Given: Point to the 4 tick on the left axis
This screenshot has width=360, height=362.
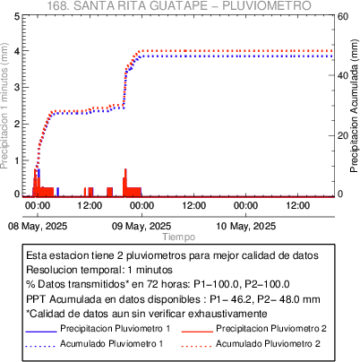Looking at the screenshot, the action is click(17, 51).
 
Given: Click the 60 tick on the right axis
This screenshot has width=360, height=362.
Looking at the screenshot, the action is click(343, 16).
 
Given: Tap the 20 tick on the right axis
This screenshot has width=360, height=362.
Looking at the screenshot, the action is click(343, 135).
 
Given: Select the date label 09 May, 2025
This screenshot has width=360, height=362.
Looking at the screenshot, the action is click(141, 226).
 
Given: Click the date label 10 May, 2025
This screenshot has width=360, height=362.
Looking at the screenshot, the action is click(245, 226).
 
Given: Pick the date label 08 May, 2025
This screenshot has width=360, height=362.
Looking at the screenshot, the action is click(38, 226).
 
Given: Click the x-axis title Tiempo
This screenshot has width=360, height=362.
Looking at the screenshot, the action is click(179, 237).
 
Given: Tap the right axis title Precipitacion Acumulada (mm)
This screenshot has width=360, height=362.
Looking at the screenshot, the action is click(354, 106).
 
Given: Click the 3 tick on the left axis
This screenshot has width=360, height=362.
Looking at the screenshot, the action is click(17, 88).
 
